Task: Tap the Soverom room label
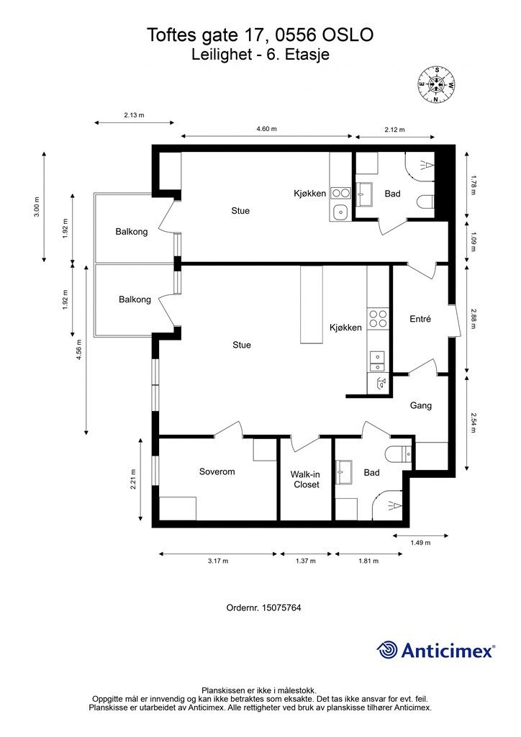point(217,471)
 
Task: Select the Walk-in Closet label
point(307,479)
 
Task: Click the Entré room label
point(420,319)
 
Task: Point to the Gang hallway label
point(420,405)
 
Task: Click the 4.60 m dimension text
point(266,129)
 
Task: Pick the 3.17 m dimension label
point(218,561)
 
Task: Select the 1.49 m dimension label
point(420,543)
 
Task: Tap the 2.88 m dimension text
point(473,319)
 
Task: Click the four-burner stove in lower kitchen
point(378,319)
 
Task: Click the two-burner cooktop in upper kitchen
point(340,193)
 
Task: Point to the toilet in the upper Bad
point(425,202)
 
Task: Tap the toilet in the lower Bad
point(399,454)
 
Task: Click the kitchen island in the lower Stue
point(312,305)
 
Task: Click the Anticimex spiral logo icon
point(387,650)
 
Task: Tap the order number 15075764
point(281,607)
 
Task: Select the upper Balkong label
point(132,231)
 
